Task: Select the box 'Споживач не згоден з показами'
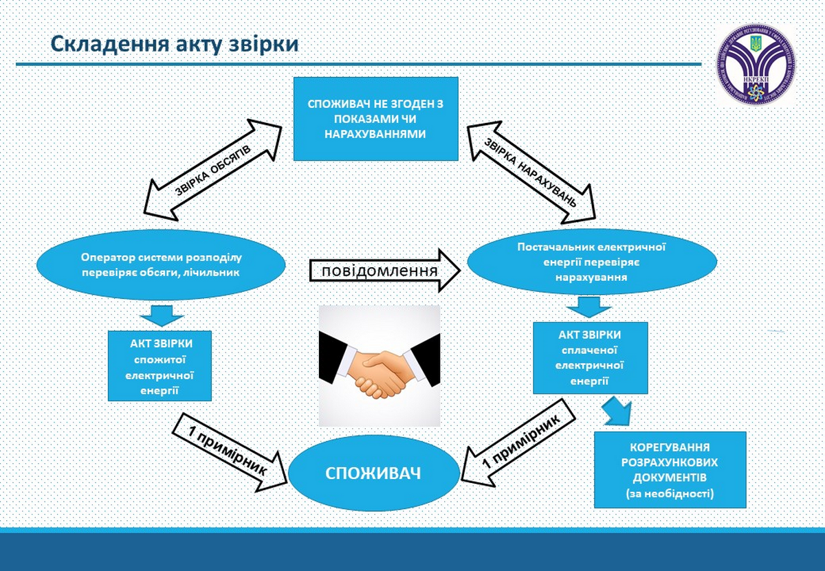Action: (375, 119)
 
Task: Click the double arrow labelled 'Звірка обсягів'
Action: (214, 168)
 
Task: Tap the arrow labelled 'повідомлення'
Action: (383, 270)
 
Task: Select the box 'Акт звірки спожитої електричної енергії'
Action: (159, 366)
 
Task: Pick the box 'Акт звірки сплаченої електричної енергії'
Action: (591, 358)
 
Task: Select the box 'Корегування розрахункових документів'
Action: (670, 469)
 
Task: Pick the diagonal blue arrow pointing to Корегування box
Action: (618, 411)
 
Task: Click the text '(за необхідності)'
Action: (670, 493)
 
